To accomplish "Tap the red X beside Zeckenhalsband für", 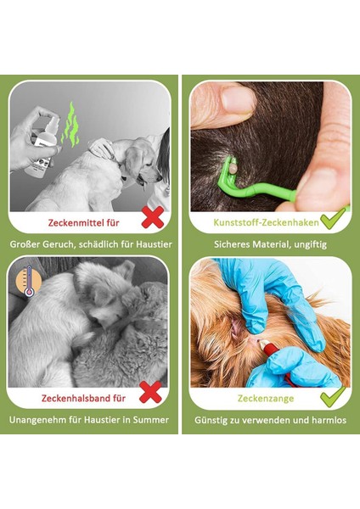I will coord(149,392).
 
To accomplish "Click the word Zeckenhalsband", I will coord(74,396).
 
